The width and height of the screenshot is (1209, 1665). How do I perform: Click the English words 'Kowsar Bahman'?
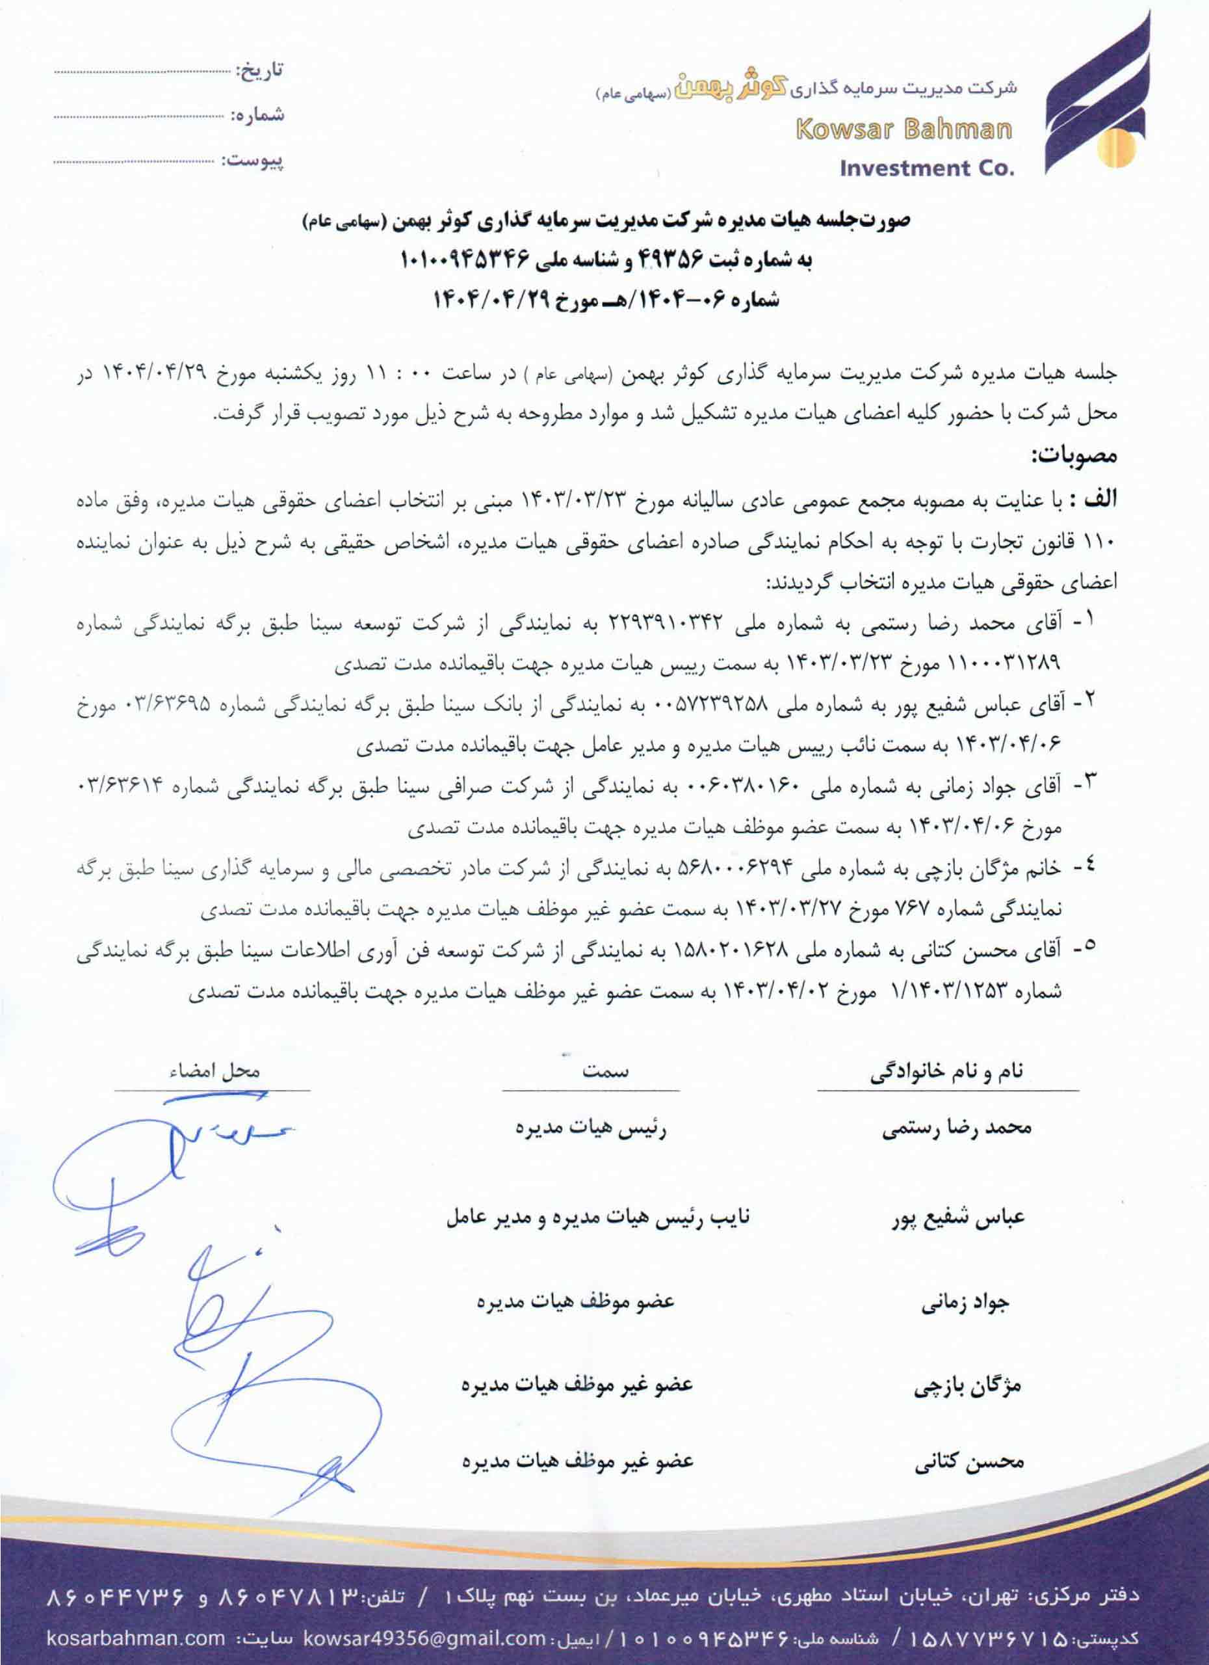(x=903, y=130)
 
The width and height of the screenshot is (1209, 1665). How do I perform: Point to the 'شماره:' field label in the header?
(x=257, y=115)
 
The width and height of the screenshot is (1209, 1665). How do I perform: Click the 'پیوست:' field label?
(x=256, y=159)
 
